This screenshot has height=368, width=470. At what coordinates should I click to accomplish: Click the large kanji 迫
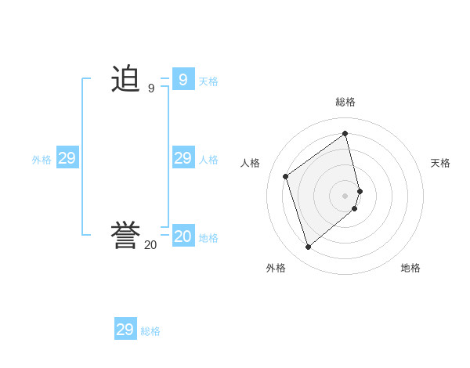[125, 79]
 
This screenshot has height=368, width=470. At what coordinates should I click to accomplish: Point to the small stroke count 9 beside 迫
[150, 88]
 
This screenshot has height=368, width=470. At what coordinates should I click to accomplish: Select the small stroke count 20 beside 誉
[150, 245]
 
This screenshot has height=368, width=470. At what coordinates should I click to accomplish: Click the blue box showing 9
[183, 79]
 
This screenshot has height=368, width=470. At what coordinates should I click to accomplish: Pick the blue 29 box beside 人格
[183, 158]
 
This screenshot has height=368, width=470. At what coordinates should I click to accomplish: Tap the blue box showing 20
[183, 236]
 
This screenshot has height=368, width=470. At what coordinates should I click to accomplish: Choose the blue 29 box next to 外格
[67, 158]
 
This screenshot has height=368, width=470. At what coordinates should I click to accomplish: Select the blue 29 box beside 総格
[125, 330]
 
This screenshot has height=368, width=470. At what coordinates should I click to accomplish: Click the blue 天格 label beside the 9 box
[208, 81]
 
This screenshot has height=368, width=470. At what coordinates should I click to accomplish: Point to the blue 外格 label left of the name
[42, 160]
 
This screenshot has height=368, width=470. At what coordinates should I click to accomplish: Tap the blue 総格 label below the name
[150, 331]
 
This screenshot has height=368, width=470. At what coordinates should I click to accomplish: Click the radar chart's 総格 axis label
[345, 102]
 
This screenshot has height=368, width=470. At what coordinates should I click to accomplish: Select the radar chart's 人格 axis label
[250, 163]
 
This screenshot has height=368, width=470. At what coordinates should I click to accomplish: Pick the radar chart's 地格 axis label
[410, 268]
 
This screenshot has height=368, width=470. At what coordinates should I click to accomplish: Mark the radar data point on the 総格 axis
[345, 134]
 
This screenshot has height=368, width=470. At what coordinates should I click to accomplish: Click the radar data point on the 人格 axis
[286, 176]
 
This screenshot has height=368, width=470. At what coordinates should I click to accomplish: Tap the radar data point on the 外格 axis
[308, 247]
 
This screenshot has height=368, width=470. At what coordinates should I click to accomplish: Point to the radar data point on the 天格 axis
[360, 190]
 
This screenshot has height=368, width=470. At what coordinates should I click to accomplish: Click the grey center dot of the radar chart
[345, 195]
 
